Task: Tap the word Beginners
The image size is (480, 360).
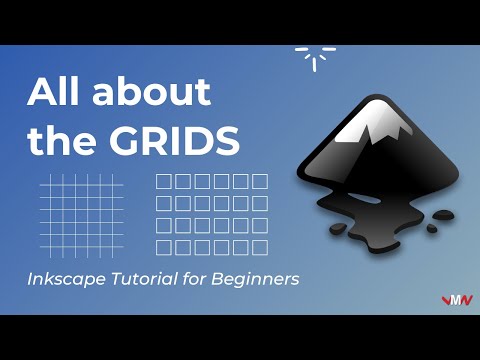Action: click(255, 280)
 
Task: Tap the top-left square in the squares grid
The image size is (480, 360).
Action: click(165, 182)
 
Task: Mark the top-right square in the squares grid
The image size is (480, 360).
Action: click(259, 182)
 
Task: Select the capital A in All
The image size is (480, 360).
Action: click(42, 93)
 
